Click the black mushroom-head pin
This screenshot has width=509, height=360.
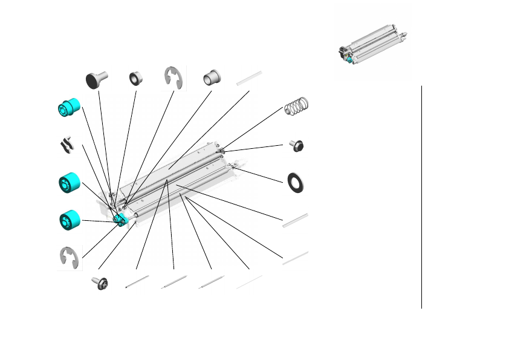[96, 79]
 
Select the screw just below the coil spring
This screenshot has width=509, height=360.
[296, 145]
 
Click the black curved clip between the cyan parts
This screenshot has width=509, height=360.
[68, 145]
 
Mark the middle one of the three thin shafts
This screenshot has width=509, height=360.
[173, 283]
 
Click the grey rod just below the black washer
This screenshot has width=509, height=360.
[295, 220]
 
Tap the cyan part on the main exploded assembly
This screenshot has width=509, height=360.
[120, 219]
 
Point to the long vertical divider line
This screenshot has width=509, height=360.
[421, 197]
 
